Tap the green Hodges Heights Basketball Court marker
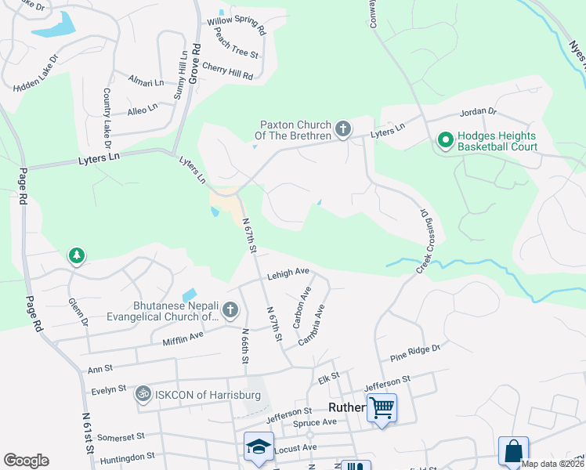tap(445, 140)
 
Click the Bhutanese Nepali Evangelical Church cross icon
tap(230, 310)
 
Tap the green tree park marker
tap(77, 255)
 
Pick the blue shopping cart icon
tap(382, 407)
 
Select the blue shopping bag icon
tap(513, 452)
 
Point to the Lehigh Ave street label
tap(288, 272)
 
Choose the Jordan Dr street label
tap(479, 111)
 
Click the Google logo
tap(26, 461)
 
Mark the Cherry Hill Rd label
tap(227, 71)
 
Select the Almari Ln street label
tap(146, 81)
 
